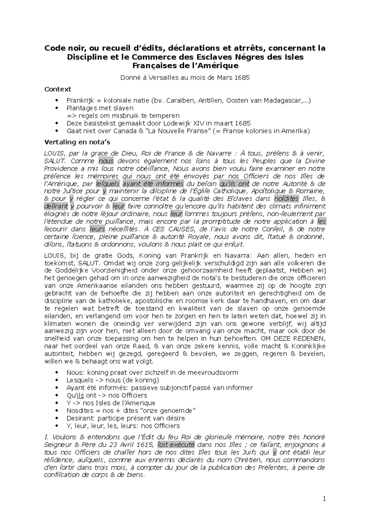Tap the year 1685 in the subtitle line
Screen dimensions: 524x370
tap(242, 77)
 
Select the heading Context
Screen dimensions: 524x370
tap(58, 89)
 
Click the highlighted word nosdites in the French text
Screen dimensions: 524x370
tap(286, 199)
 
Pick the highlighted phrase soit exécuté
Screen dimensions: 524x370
tap(176, 445)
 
